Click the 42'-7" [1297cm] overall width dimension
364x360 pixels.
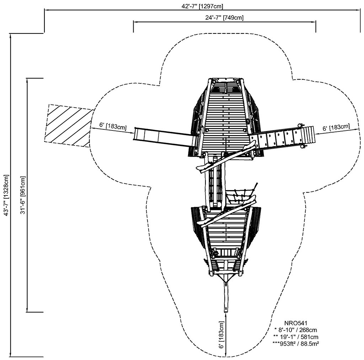click(x=202, y=6)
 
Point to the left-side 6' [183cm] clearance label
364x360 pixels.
click(x=113, y=125)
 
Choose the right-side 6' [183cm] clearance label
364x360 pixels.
click(x=336, y=127)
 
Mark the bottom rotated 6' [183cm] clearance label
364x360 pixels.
click(x=222, y=334)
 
